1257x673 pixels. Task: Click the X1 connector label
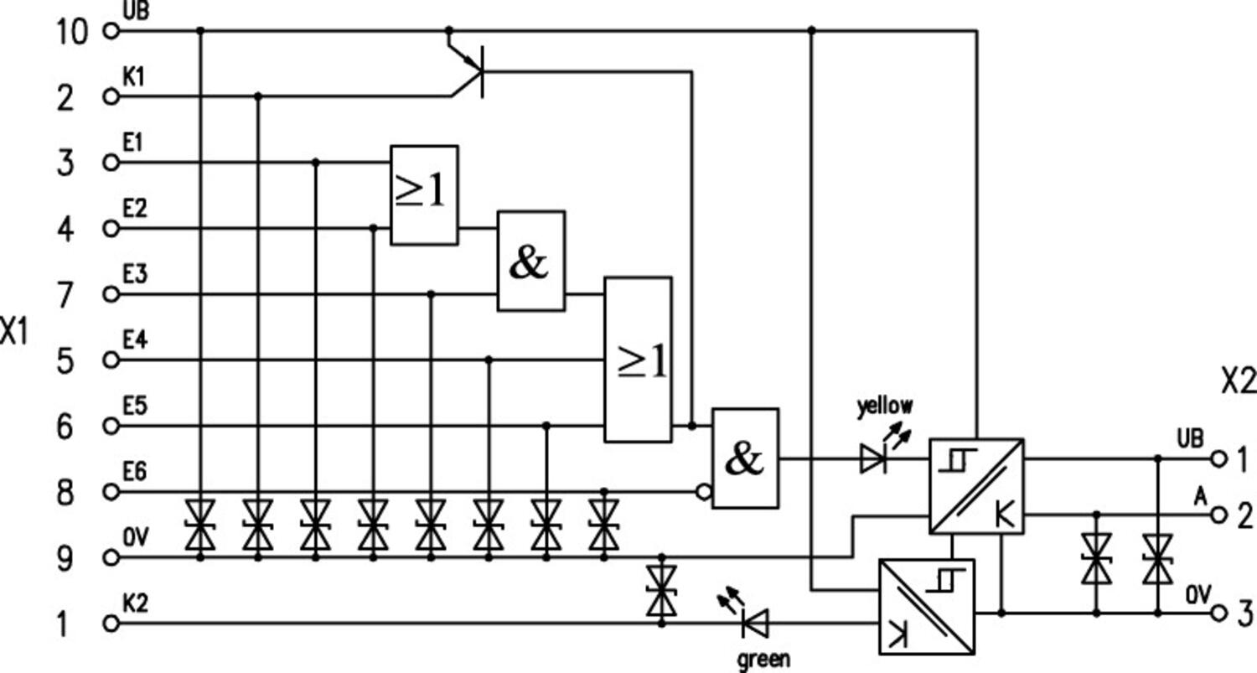[x=14, y=332]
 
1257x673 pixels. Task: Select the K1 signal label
[x=135, y=77]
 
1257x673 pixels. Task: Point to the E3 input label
[x=135, y=274]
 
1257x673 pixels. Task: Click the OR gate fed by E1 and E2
[x=424, y=194]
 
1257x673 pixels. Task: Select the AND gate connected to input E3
[x=530, y=261]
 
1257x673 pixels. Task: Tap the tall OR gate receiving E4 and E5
[x=638, y=360]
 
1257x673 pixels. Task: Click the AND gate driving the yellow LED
[x=745, y=458]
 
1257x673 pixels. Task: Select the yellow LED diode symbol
[x=873, y=458]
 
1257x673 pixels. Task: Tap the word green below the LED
[x=763, y=660]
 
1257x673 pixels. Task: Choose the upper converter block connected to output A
[x=975, y=485]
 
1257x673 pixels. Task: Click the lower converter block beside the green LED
[x=926, y=607]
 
